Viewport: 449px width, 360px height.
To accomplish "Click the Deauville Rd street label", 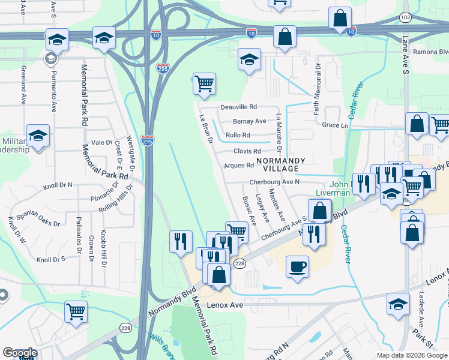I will tap(238, 107).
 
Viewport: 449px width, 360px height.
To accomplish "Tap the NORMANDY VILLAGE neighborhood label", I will tap(281, 165).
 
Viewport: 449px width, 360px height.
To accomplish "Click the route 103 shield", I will tap(405, 17).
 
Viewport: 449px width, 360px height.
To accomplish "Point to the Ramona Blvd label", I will tap(432, 52).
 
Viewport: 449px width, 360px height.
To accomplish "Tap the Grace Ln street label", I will tap(335, 125).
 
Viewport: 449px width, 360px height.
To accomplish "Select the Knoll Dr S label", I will tap(50, 260).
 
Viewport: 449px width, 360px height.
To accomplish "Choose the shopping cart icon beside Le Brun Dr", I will tap(204, 84).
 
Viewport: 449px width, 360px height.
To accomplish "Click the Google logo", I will tap(20, 353).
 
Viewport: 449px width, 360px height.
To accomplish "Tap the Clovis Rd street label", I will tap(247, 151).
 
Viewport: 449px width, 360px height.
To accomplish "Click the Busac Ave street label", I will tap(249, 210).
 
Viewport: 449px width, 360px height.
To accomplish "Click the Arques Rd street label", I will tap(239, 165).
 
